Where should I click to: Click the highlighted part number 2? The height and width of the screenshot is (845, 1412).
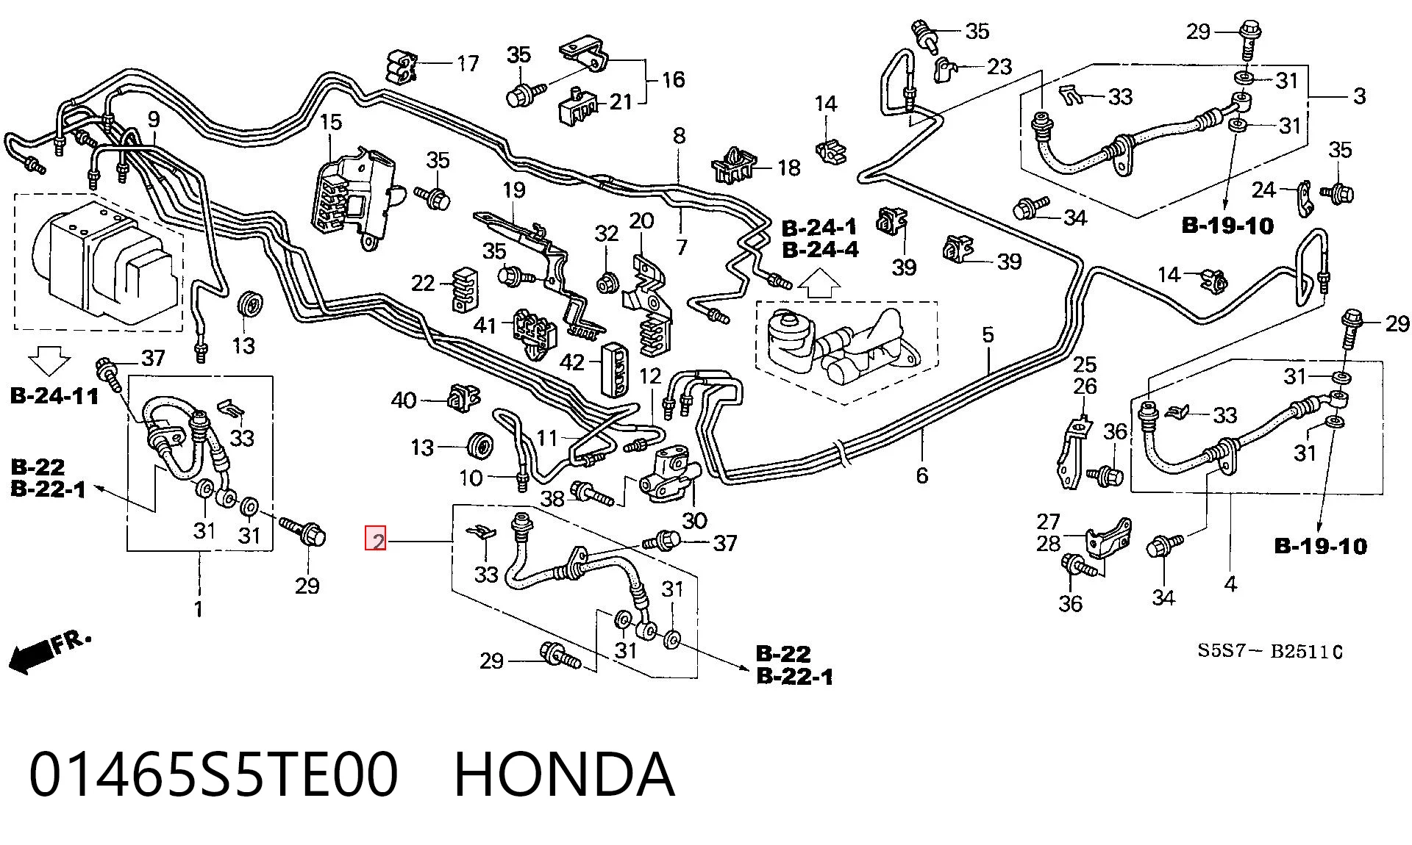click(377, 541)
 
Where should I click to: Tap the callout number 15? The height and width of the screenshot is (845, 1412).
click(331, 122)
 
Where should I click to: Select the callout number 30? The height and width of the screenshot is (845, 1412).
click(694, 521)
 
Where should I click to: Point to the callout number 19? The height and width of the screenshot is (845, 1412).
click(514, 190)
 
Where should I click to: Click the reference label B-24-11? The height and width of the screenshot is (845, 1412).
click(54, 396)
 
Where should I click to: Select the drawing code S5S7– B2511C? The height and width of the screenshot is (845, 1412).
click(1270, 651)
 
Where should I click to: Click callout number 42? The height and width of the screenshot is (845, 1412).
click(571, 362)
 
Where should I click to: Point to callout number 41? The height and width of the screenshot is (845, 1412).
click(485, 324)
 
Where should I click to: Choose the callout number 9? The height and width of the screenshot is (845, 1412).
click(154, 119)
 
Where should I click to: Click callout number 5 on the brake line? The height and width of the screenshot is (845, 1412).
click(988, 335)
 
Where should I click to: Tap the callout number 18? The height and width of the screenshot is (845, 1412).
click(789, 168)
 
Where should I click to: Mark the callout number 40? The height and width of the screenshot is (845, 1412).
click(404, 400)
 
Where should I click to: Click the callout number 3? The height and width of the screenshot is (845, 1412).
click(1359, 96)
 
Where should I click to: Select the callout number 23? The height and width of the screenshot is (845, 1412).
click(999, 67)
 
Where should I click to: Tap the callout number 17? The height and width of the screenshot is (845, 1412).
click(468, 64)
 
